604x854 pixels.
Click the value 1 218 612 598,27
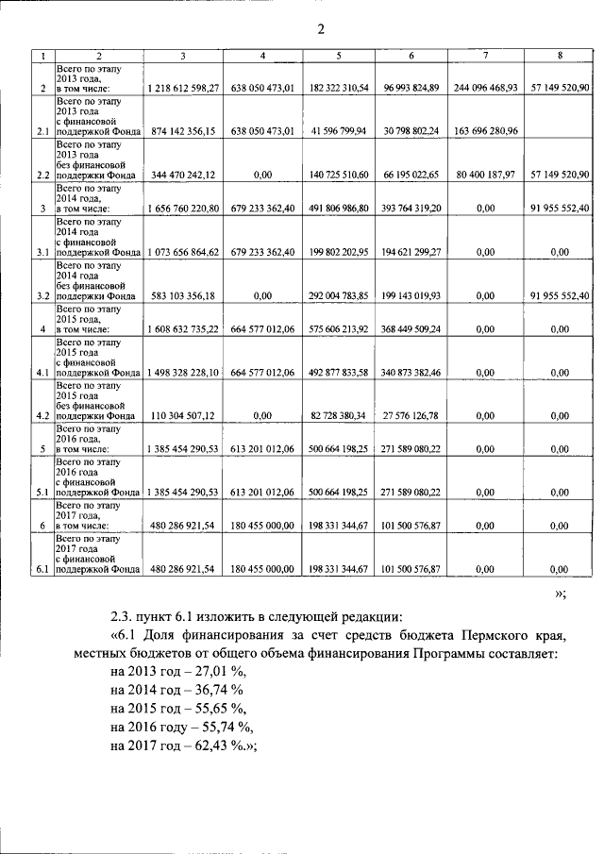[x=183, y=88]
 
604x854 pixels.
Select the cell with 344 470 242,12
[x=183, y=175]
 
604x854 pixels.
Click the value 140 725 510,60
[x=338, y=175]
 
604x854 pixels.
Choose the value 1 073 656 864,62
[x=183, y=252]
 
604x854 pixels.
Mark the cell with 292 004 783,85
[x=338, y=295]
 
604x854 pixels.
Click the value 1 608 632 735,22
[x=183, y=329]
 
